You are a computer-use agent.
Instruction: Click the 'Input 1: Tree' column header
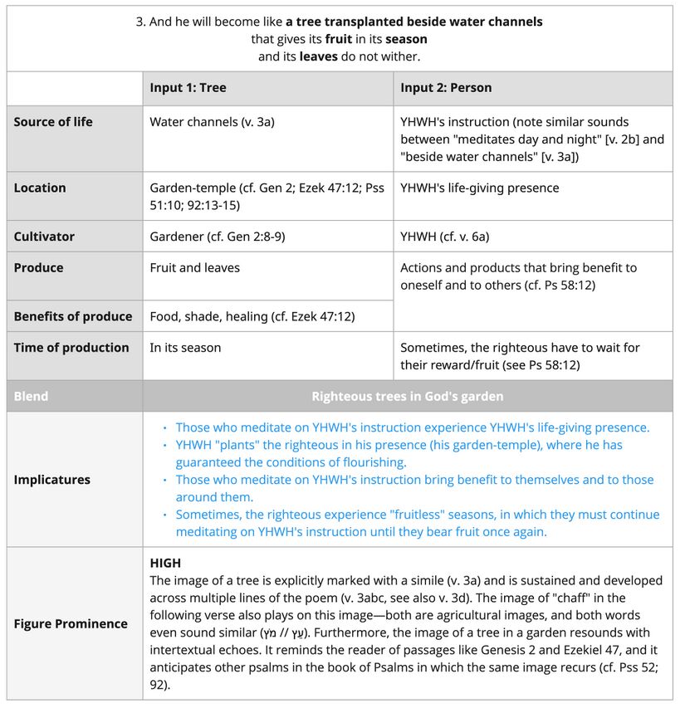tap(188, 88)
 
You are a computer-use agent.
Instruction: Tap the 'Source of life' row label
tap(53, 122)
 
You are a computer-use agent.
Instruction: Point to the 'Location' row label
tap(40, 188)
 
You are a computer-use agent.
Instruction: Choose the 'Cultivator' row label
tap(44, 237)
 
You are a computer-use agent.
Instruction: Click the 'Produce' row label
tap(38, 268)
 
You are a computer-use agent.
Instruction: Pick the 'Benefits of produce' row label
tap(73, 316)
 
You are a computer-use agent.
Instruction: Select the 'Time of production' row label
tap(71, 348)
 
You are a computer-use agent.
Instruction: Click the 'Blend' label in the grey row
tap(31, 396)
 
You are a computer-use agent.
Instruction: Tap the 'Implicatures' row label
tap(51, 480)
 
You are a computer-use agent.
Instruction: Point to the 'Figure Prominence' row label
tap(71, 623)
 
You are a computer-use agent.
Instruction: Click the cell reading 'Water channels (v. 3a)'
tap(212, 122)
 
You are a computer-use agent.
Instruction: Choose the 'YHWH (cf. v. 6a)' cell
tap(444, 237)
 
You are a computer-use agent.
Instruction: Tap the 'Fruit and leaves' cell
tap(194, 268)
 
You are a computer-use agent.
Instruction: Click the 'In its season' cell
tap(185, 348)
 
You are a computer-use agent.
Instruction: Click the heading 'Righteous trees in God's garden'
tap(407, 396)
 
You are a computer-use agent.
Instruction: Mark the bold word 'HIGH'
tap(165, 563)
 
